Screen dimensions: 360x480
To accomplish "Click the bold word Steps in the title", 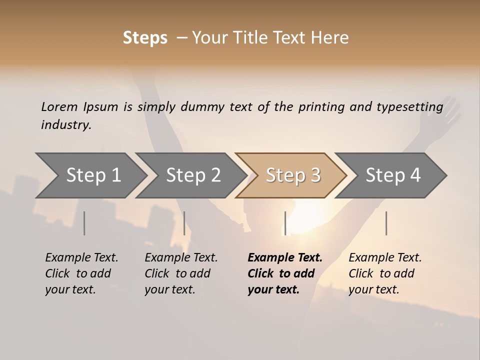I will point(145,38).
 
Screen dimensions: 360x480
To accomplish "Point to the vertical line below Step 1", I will point(84,223).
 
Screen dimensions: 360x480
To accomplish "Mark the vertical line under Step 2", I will point(184,223).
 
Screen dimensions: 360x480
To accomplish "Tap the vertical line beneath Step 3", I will point(285,223).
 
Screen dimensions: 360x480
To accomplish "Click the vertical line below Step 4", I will point(386,223).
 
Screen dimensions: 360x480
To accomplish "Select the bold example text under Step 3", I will point(284,273).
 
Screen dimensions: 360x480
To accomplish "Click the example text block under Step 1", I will point(81,273).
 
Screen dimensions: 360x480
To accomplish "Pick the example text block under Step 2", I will point(181,273).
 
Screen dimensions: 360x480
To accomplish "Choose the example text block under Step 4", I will point(385,273).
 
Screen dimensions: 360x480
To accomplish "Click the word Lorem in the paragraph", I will point(59,107).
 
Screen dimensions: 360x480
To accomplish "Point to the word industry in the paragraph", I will point(65,125).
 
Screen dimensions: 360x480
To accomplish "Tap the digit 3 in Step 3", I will point(315,175).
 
